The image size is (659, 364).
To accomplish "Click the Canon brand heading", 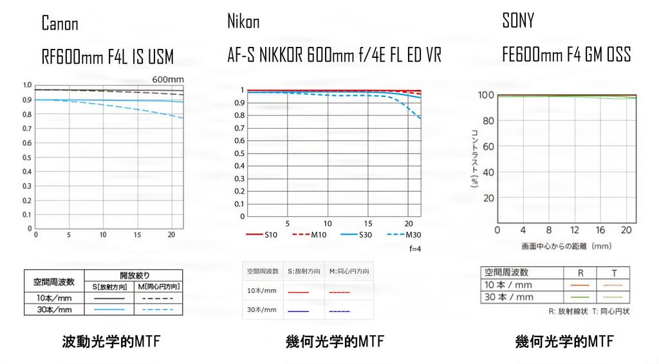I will [x=60, y=24].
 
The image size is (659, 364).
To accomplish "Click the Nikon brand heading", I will [x=243, y=22].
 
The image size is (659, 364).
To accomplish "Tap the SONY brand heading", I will [x=518, y=21].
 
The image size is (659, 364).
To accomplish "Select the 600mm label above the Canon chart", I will [x=168, y=79].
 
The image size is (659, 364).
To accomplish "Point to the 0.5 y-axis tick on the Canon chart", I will [x=27, y=157].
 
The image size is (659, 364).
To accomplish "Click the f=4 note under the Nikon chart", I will [x=414, y=248].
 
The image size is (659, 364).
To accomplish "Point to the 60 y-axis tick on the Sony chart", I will [x=487, y=147].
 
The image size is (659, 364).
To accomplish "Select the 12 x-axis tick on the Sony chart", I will [x=574, y=230].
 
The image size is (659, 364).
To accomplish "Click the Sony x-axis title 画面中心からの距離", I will [x=566, y=246].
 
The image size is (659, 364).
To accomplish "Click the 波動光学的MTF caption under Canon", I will [x=111, y=341].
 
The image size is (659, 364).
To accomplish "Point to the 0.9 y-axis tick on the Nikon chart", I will [x=241, y=103].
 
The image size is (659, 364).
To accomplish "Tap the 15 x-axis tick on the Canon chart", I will [x=136, y=235].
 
